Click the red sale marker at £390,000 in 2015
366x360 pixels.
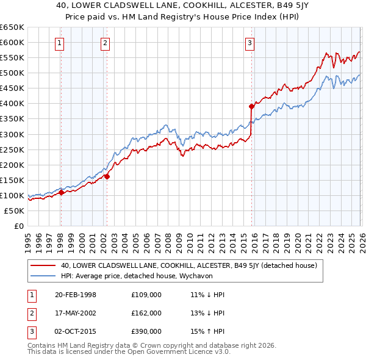pyautogui.click(x=251, y=106)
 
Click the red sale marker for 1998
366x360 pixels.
pyautogui.click(x=61, y=192)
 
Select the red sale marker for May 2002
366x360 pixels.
pyautogui.click(x=107, y=176)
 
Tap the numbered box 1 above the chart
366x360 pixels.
pyautogui.click(x=60, y=43)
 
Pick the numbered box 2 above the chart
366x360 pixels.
pyautogui.click(x=106, y=43)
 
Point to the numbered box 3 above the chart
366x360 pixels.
pyautogui.click(x=250, y=43)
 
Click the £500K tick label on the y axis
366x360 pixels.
pyautogui.click(x=12, y=73)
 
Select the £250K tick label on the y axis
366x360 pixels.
pyautogui.click(x=12, y=149)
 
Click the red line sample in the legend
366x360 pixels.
pyautogui.click(x=44, y=266)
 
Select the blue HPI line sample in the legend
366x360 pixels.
pyautogui.click(x=44, y=276)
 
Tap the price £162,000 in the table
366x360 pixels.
pyautogui.click(x=146, y=313)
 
